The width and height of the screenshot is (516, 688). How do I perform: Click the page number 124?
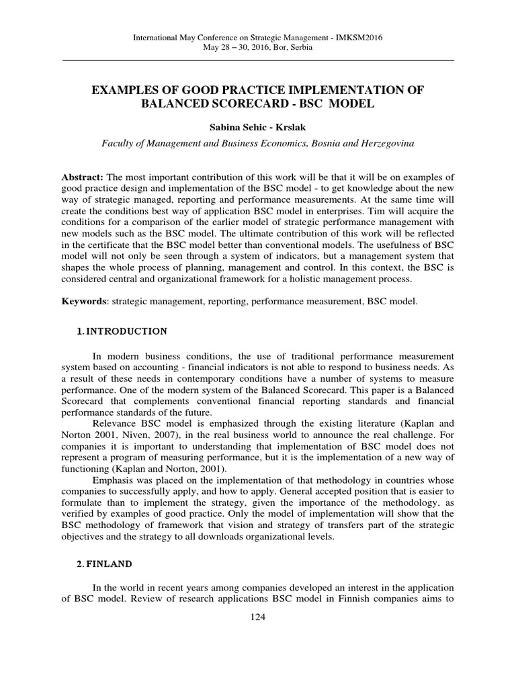pos(258,618)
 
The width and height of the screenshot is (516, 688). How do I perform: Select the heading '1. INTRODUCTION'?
pos(118,331)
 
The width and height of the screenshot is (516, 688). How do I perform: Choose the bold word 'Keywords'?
pos(84,302)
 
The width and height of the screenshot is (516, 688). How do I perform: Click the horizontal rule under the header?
pos(258,60)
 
